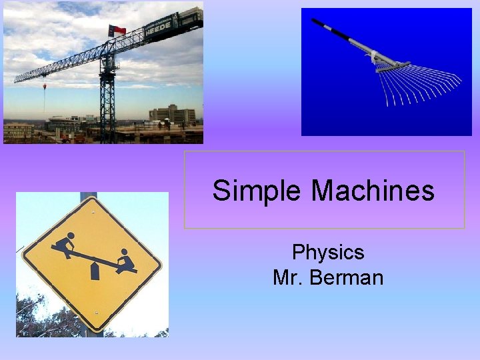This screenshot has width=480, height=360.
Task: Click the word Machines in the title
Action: tap(373, 191)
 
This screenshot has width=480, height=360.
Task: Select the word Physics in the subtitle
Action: tap(328, 252)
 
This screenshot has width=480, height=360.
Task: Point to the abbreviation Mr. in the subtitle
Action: tap(287, 277)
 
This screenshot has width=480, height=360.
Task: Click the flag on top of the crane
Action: tap(117, 30)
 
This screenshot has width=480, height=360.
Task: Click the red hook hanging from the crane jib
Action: tap(45, 86)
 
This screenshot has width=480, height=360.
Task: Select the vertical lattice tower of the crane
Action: tap(107, 100)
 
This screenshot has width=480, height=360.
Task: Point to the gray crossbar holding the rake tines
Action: tap(393, 67)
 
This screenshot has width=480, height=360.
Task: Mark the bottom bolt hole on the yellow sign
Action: tap(96, 312)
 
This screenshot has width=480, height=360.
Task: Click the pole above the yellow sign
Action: tap(88, 196)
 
